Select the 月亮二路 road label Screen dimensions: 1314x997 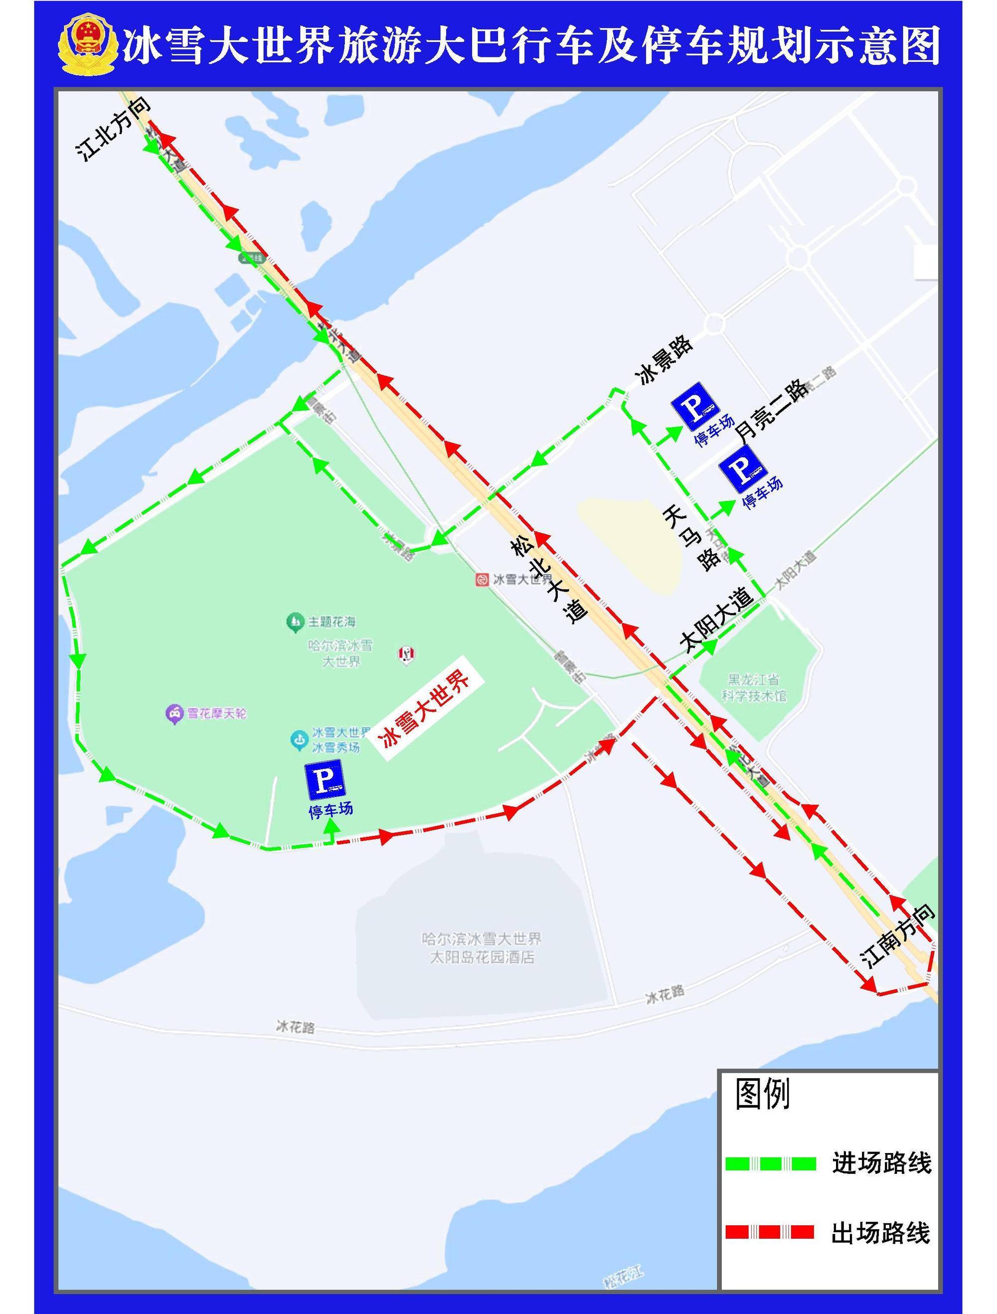click(772, 409)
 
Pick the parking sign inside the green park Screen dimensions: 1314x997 click(325, 779)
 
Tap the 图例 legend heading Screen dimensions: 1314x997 click(762, 1094)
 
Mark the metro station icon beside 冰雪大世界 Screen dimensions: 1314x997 click(482, 579)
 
